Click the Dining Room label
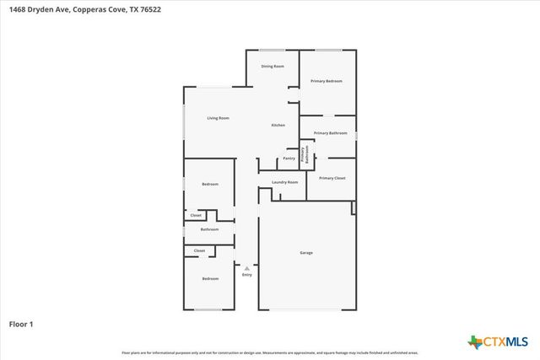pyautogui.click(x=272, y=66)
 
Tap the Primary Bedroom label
pyautogui.click(x=327, y=81)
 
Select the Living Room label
pyautogui.click(x=219, y=118)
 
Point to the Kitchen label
pyautogui.click(x=278, y=126)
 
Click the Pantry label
pyautogui.click(x=289, y=158)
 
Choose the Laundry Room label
pyautogui.click(x=285, y=182)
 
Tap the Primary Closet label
pyautogui.click(x=332, y=178)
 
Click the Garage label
pyautogui.click(x=306, y=253)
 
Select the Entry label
pyautogui.click(x=247, y=275)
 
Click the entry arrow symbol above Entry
pyautogui.click(x=247, y=268)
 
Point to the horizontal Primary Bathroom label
pyautogui.click(x=331, y=133)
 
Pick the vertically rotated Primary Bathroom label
pyautogui.click(x=304, y=154)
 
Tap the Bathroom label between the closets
pyautogui.click(x=209, y=229)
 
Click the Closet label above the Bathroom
pyautogui.click(x=196, y=215)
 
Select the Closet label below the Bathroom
pyautogui.click(x=199, y=250)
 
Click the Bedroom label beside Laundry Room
pyautogui.click(x=210, y=185)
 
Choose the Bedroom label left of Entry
pyautogui.click(x=210, y=279)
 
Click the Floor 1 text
pyautogui.click(x=22, y=324)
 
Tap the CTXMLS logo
pyautogui.click(x=499, y=341)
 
